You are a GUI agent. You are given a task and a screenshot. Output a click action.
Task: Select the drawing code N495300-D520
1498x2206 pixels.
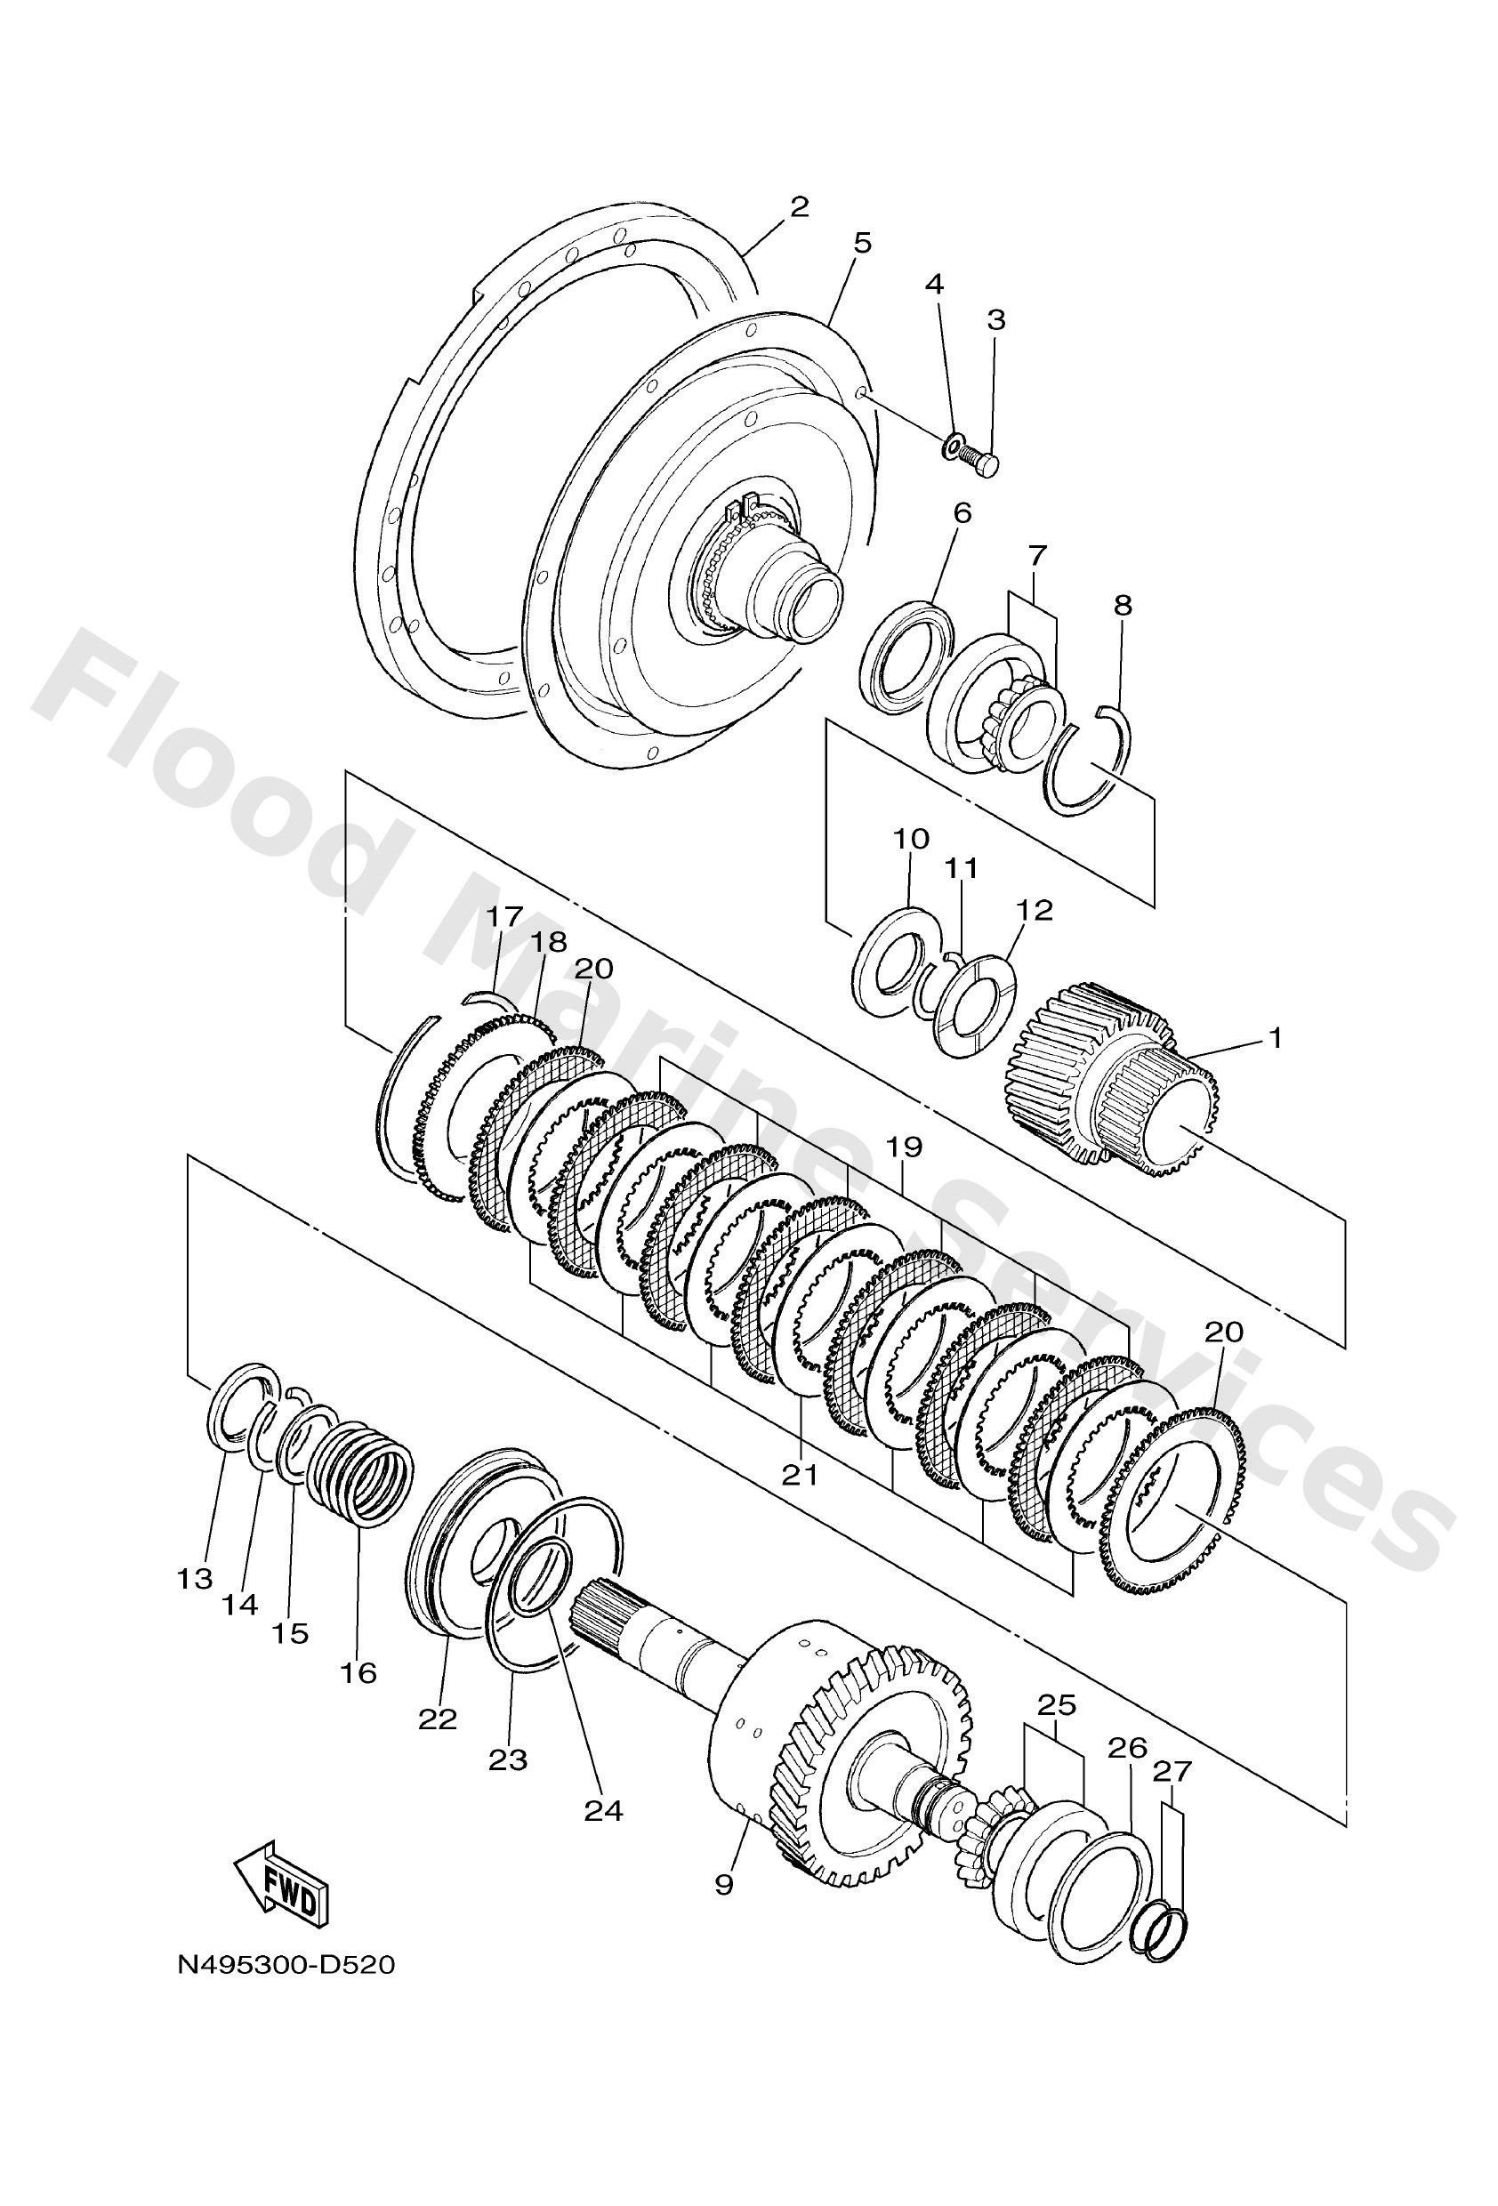(x=286, y=1965)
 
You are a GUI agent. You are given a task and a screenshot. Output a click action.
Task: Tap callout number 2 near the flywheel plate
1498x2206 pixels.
(x=800, y=207)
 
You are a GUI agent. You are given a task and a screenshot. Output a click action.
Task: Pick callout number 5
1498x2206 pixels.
(x=861, y=244)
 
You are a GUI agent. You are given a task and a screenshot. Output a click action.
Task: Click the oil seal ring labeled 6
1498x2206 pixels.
(x=906, y=655)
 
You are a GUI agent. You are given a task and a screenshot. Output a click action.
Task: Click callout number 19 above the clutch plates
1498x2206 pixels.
(x=904, y=1147)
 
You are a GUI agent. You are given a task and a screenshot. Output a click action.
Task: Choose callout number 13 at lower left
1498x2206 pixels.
(x=195, y=1579)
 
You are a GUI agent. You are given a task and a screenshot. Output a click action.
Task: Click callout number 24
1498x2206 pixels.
(x=603, y=1811)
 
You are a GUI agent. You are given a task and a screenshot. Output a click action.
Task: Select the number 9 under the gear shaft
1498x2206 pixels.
(x=724, y=1884)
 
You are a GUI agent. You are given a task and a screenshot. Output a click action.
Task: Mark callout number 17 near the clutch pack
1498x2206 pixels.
(x=504, y=917)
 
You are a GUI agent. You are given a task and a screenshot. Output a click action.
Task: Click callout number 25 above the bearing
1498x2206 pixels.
(x=1057, y=1706)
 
